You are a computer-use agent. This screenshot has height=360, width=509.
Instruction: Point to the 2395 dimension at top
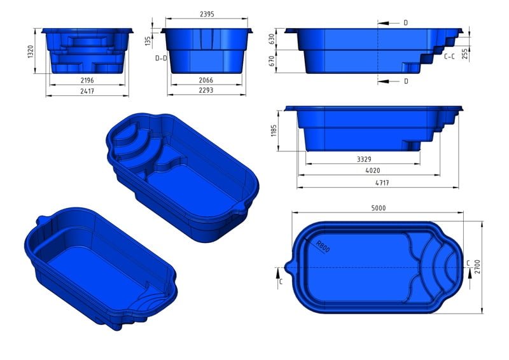pos(207,13)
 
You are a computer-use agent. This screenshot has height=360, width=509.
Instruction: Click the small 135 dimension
pos(148,41)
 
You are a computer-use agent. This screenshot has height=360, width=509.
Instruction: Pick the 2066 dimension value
pos(206,80)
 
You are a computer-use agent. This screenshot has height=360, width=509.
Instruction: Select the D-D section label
pos(161,58)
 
